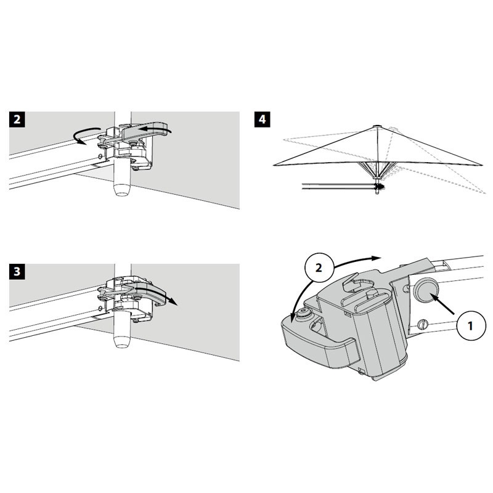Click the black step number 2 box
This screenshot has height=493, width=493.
18,119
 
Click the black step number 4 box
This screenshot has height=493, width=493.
261,119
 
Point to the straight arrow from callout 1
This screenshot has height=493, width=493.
445,308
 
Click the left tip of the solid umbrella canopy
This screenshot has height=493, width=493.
274,165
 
